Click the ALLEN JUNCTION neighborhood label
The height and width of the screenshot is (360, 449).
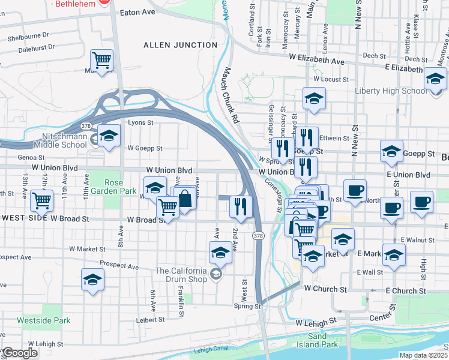tap(180, 45)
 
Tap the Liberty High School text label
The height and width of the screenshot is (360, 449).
tap(391, 91)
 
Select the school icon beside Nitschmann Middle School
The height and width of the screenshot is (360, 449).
tap(109, 136)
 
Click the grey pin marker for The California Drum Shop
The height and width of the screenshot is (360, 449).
tap(215, 275)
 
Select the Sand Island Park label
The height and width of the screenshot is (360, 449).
tap(317, 341)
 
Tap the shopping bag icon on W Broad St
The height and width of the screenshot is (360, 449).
tap(184, 198)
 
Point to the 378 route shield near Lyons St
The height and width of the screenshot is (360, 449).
tap(87, 126)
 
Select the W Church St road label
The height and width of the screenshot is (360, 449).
tap(325, 289)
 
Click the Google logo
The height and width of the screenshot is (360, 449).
tap(19, 353)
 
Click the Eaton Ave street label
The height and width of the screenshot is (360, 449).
tap(137, 12)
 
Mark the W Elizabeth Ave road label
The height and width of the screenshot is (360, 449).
tap(316, 61)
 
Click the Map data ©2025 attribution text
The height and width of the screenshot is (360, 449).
tap(424, 355)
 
